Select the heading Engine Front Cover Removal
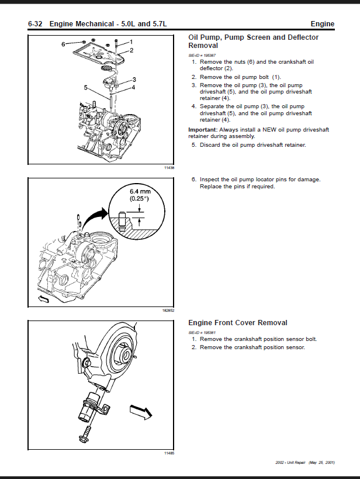pyautogui.click(x=237, y=322)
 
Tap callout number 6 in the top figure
pyautogui.click(x=63, y=44)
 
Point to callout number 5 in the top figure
pyautogui.click(x=86, y=88)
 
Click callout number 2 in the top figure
pyautogui.click(x=131, y=50)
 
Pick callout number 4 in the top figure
pyautogui.click(x=133, y=87)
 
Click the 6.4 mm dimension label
pyautogui.click(x=140, y=191)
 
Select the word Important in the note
pyautogui.click(x=202, y=129)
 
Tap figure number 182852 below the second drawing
pyautogui.click(x=169, y=311)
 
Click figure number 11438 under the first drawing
pyautogui.click(x=170, y=168)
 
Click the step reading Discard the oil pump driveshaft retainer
pyautogui.click(x=252, y=145)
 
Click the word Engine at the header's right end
pyautogui.click(x=323, y=24)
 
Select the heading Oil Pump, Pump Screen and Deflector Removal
pyautogui.click(x=253, y=41)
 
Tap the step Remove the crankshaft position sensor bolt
pyautogui.click(x=258, y=339)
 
